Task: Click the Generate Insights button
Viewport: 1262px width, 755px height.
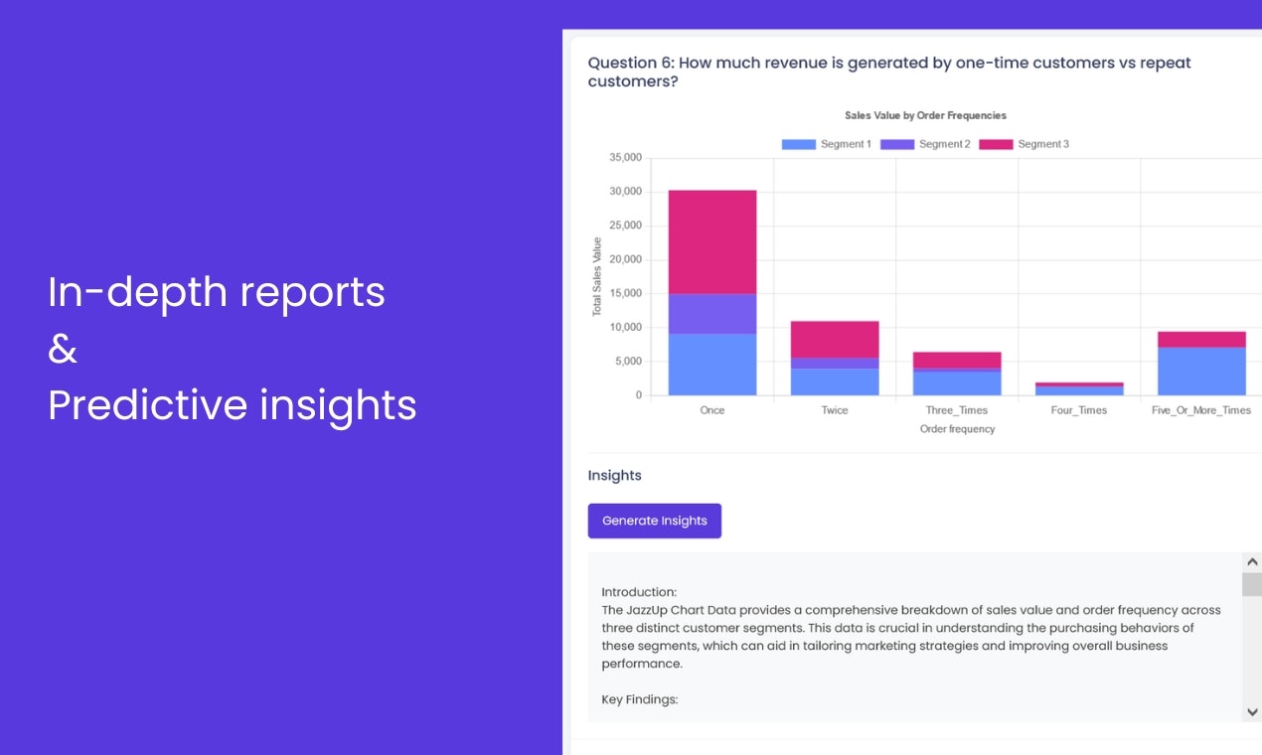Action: [x=654, y=521]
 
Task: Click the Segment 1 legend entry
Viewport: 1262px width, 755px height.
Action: [x=826, y=144]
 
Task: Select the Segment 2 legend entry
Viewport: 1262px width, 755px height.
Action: [x=924, y=144]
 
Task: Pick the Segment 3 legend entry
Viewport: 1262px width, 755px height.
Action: [x=1024, y=144]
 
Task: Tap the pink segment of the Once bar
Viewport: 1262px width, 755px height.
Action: [x=711, y=241]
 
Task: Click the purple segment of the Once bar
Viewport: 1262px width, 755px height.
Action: [x=711, y=313]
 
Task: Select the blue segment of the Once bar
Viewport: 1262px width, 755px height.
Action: [x=711, y=364]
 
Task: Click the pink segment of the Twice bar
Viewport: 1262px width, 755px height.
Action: [x=835, y=339]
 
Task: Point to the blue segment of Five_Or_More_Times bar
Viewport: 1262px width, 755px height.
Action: [x=1201, y=371]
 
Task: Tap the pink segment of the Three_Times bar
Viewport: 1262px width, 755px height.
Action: [x=957, y=360]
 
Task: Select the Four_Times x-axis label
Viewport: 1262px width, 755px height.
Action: [x=1078, y=410]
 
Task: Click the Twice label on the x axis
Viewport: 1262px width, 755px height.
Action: [x=835, y=410]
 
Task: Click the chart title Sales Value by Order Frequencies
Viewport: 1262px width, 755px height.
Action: [x=925, y=115]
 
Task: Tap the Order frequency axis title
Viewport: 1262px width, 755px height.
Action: [x=957, y=429]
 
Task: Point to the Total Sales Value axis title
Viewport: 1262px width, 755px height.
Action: [x=597, y=276]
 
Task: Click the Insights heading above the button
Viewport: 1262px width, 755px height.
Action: [x=614, y=476]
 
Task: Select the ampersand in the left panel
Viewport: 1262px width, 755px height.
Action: [x=63, y=349]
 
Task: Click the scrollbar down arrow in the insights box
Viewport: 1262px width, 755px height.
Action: [x=1252, y=711]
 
